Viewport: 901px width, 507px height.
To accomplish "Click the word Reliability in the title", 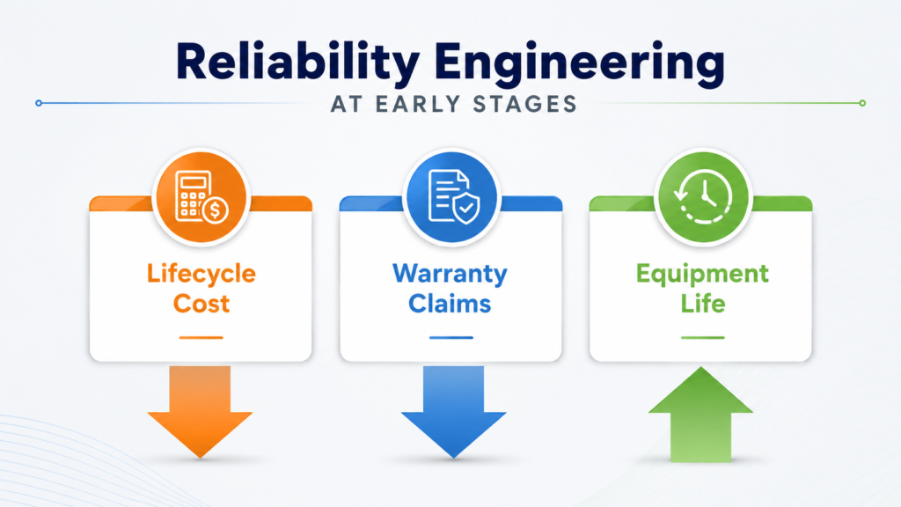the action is click(x=297, y=62).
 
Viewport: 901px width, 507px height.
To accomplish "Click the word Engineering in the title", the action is click(x=579, y=63).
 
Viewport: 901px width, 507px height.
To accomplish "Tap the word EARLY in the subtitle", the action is click(x=418, y=104).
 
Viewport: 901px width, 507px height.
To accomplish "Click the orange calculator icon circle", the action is click(x=201, y=197).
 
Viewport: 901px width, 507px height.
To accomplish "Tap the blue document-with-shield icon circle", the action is click(x=451, y=197).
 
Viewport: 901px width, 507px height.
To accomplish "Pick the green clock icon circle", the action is click(x=703, y=197).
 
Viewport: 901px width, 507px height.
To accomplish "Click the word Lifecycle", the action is click(x=201, y=274).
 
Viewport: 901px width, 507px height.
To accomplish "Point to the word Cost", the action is click(x=201, y=304).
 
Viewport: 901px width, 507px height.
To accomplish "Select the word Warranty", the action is click(x=450, y=274).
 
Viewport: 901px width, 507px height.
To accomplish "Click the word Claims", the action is click(x=450, y=304).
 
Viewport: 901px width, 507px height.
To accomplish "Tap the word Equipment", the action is click(x=702, y=275).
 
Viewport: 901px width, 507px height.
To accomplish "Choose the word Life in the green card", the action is click(x=703, y=303).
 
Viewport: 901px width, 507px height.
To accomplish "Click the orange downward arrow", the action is click(x=200, y=412).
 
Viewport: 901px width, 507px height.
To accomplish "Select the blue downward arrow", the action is click(x=453, y=412).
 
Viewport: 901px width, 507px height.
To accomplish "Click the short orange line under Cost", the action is click(x=201, y=337).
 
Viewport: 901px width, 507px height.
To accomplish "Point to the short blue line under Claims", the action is click(x=451, y=337).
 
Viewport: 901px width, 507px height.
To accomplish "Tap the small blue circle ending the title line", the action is click(x=39, y=104).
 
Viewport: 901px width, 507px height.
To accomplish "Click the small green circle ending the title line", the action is click(x=862, y=104).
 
